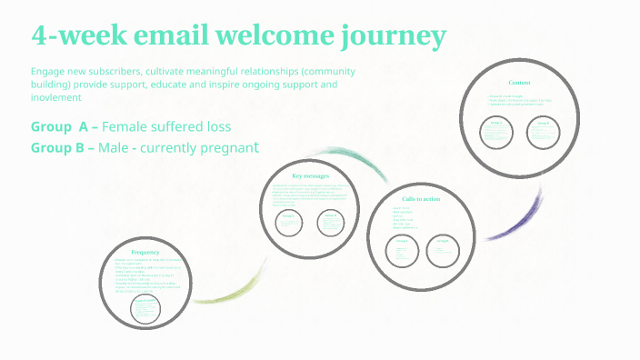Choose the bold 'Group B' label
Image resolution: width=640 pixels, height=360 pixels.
click(x=63, y=147)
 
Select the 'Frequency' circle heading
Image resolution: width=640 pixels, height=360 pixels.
click(x=145, y=252)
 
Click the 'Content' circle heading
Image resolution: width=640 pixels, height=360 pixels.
click(x=519, y=82)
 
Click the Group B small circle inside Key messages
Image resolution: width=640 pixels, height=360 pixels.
click(x=332, y=222)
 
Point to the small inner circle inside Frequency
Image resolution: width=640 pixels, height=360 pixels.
click(x=146, y=309)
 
